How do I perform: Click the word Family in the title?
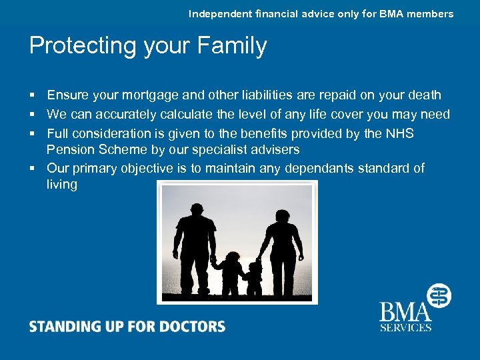233,46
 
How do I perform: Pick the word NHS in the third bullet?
399,133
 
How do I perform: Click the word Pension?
69,149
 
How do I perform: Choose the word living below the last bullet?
62,184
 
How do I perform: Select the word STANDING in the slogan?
62,327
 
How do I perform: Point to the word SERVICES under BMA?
405,327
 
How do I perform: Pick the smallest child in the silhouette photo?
254,279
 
